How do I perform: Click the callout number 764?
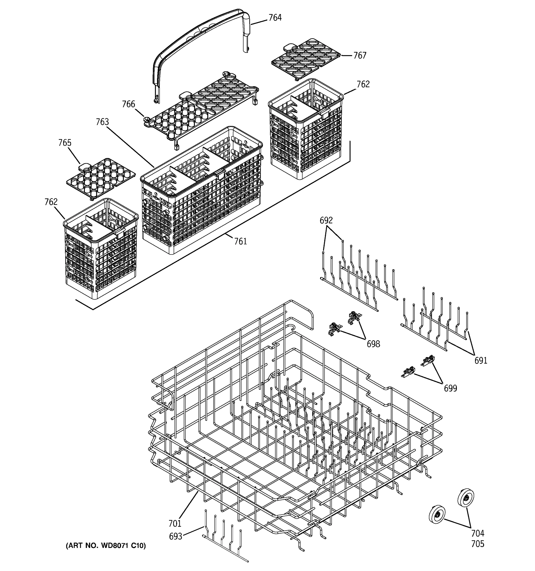pos(275,18)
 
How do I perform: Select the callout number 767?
pos(359,55)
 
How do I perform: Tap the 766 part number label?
pos(128,104)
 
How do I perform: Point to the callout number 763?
pos(102,122)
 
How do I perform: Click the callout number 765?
pos(65,143)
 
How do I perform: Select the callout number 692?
pos(326,220)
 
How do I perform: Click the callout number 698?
pos(373,344)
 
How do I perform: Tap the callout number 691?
pos(481,360)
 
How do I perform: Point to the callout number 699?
pos(450,388)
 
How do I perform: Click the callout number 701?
pos(175,524)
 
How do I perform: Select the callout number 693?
pos(175,536)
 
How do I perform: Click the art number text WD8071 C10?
pos(106,546)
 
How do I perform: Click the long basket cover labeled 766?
pos(201,109)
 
